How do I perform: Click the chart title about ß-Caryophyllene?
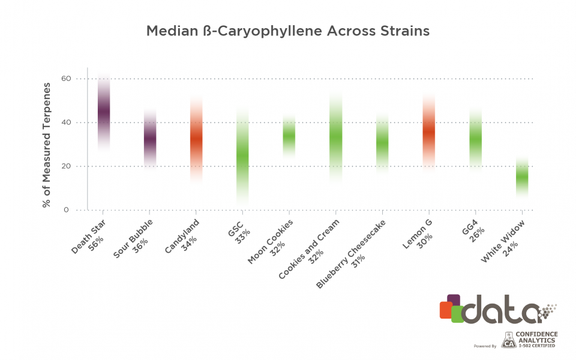288,31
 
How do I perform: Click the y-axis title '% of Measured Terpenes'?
47,144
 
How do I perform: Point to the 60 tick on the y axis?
66,79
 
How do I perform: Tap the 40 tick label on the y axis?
66,122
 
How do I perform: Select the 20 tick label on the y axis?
66,166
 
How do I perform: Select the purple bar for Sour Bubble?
149,138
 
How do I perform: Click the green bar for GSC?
242,156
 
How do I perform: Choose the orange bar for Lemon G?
428,133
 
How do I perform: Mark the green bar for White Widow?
522,178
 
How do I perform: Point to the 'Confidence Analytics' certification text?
538,339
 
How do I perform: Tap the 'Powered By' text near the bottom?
485,346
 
